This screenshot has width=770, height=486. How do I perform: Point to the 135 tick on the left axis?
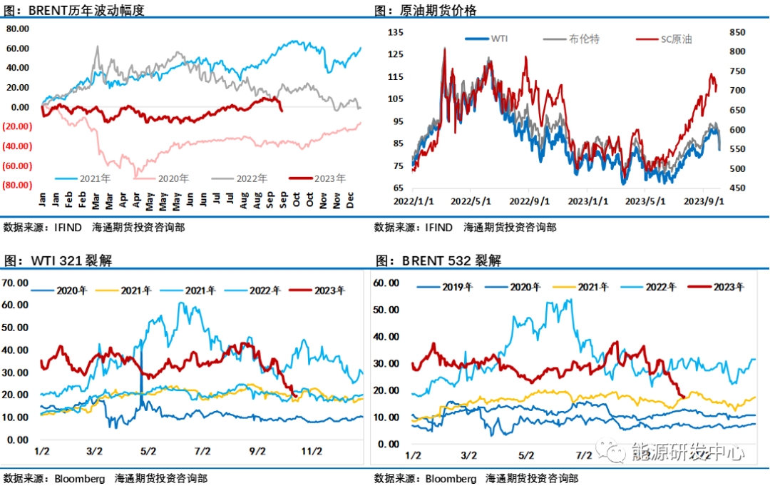396,32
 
